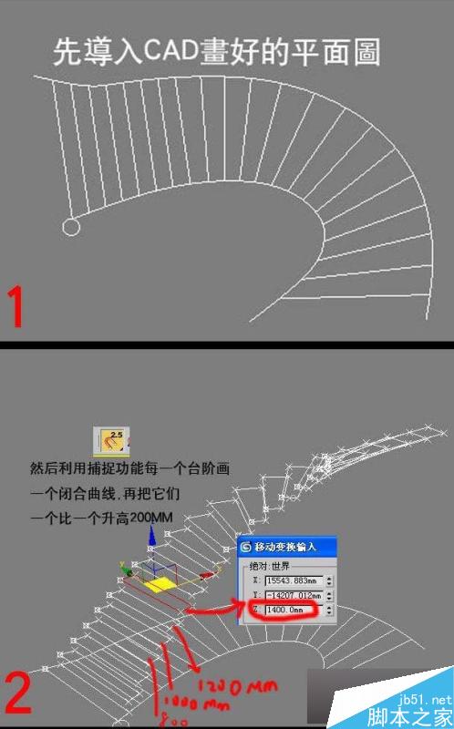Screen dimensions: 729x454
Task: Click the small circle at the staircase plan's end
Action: click(69, 227)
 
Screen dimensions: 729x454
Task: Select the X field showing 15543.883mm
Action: click(292, 581)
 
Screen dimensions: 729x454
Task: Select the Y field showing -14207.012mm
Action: click(292, 595)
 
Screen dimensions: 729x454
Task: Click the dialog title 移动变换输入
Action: click(289, 548)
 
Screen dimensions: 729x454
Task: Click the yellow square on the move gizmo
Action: click(161, 580)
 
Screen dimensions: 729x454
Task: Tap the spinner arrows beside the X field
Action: click(329, 581)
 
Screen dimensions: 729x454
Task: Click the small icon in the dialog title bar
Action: click(246, 548)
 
